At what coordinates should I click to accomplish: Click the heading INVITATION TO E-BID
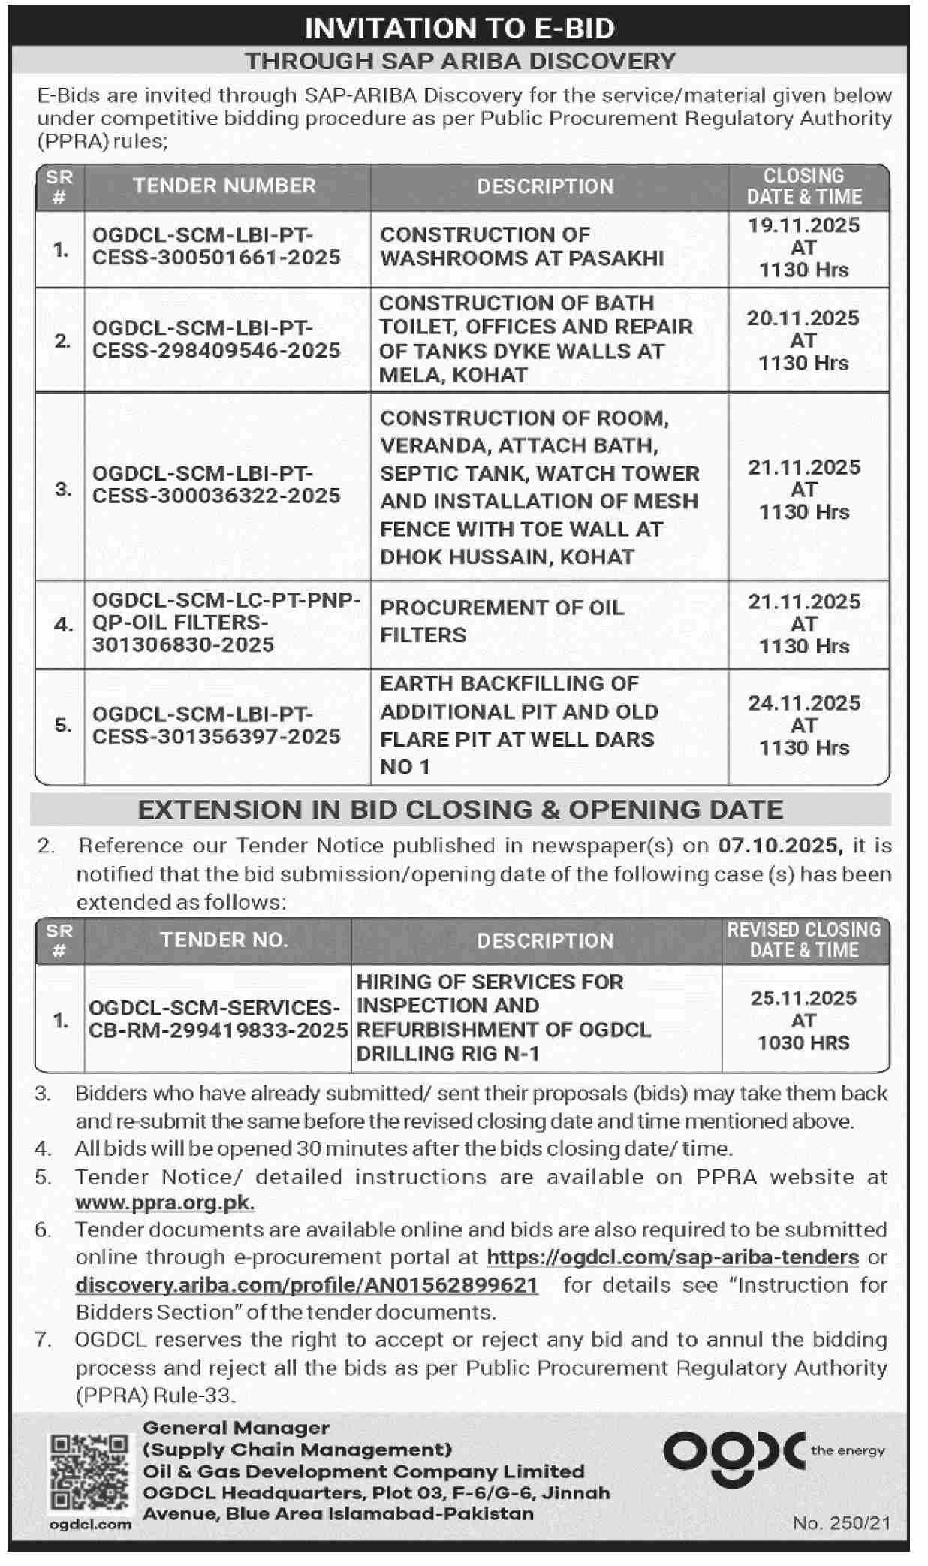point(459,28)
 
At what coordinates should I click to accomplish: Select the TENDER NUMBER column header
point(224,186)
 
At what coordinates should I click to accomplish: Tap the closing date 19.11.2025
point(803,225)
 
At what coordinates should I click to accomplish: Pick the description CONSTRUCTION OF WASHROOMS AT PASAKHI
point(522,246)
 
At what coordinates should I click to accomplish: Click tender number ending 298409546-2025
point(216,339)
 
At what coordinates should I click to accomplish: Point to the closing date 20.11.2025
point(803,318)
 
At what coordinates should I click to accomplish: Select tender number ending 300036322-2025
point(216,484)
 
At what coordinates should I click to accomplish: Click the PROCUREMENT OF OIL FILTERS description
point(502,621)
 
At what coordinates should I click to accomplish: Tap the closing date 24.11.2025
point(803,704)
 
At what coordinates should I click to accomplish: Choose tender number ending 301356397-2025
point(216,725)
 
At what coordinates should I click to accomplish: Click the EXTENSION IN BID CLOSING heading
point(460,810)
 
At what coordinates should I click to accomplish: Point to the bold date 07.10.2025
point(778,846)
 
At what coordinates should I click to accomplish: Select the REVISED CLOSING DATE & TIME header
point(803,940)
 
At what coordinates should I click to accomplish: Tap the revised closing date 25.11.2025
point(803,998)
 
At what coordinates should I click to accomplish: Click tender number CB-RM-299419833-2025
point(218,1030)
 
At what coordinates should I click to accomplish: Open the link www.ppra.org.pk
point(164,1202)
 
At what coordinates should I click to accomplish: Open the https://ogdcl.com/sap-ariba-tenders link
point(673,1257)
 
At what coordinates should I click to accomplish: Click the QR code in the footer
point(89,1474)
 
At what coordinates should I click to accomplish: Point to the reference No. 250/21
point(841,1522)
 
